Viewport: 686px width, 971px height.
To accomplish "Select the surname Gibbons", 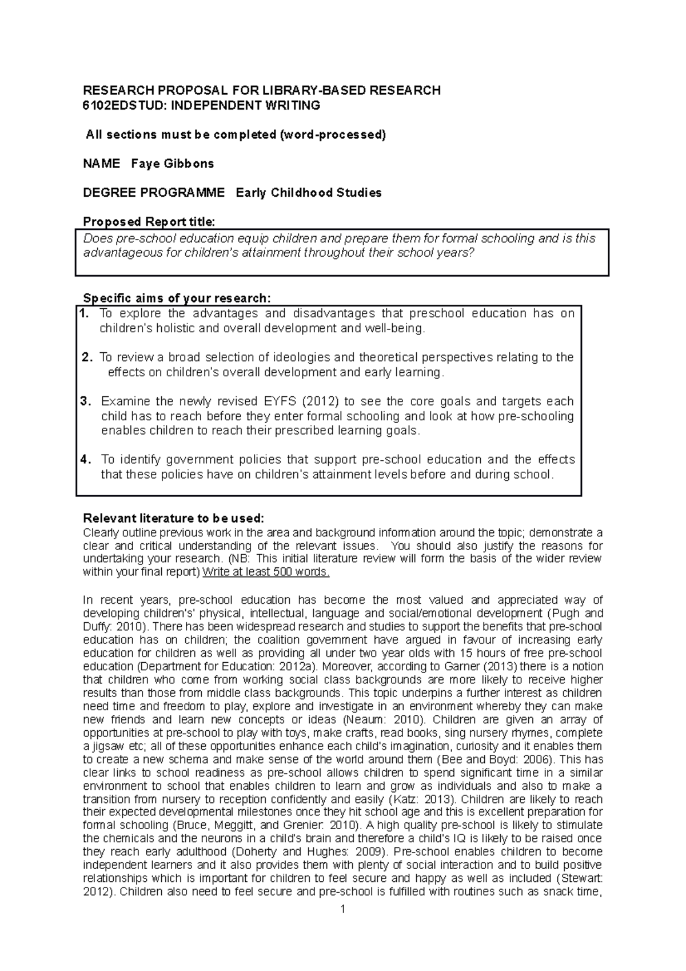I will pyautogui.click(x=190, y=164).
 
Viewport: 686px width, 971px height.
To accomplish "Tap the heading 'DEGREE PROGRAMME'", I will pyautogui.click(x=154, y=193).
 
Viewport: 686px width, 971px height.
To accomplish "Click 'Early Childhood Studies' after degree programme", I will pyautogui.click(x=309, y=193).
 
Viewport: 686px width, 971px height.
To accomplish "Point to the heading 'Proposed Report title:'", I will pyautogui.click(x=149, y=222).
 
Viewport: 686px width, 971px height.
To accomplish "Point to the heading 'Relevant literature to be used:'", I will pyautogui.click(x=174, y=519).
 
